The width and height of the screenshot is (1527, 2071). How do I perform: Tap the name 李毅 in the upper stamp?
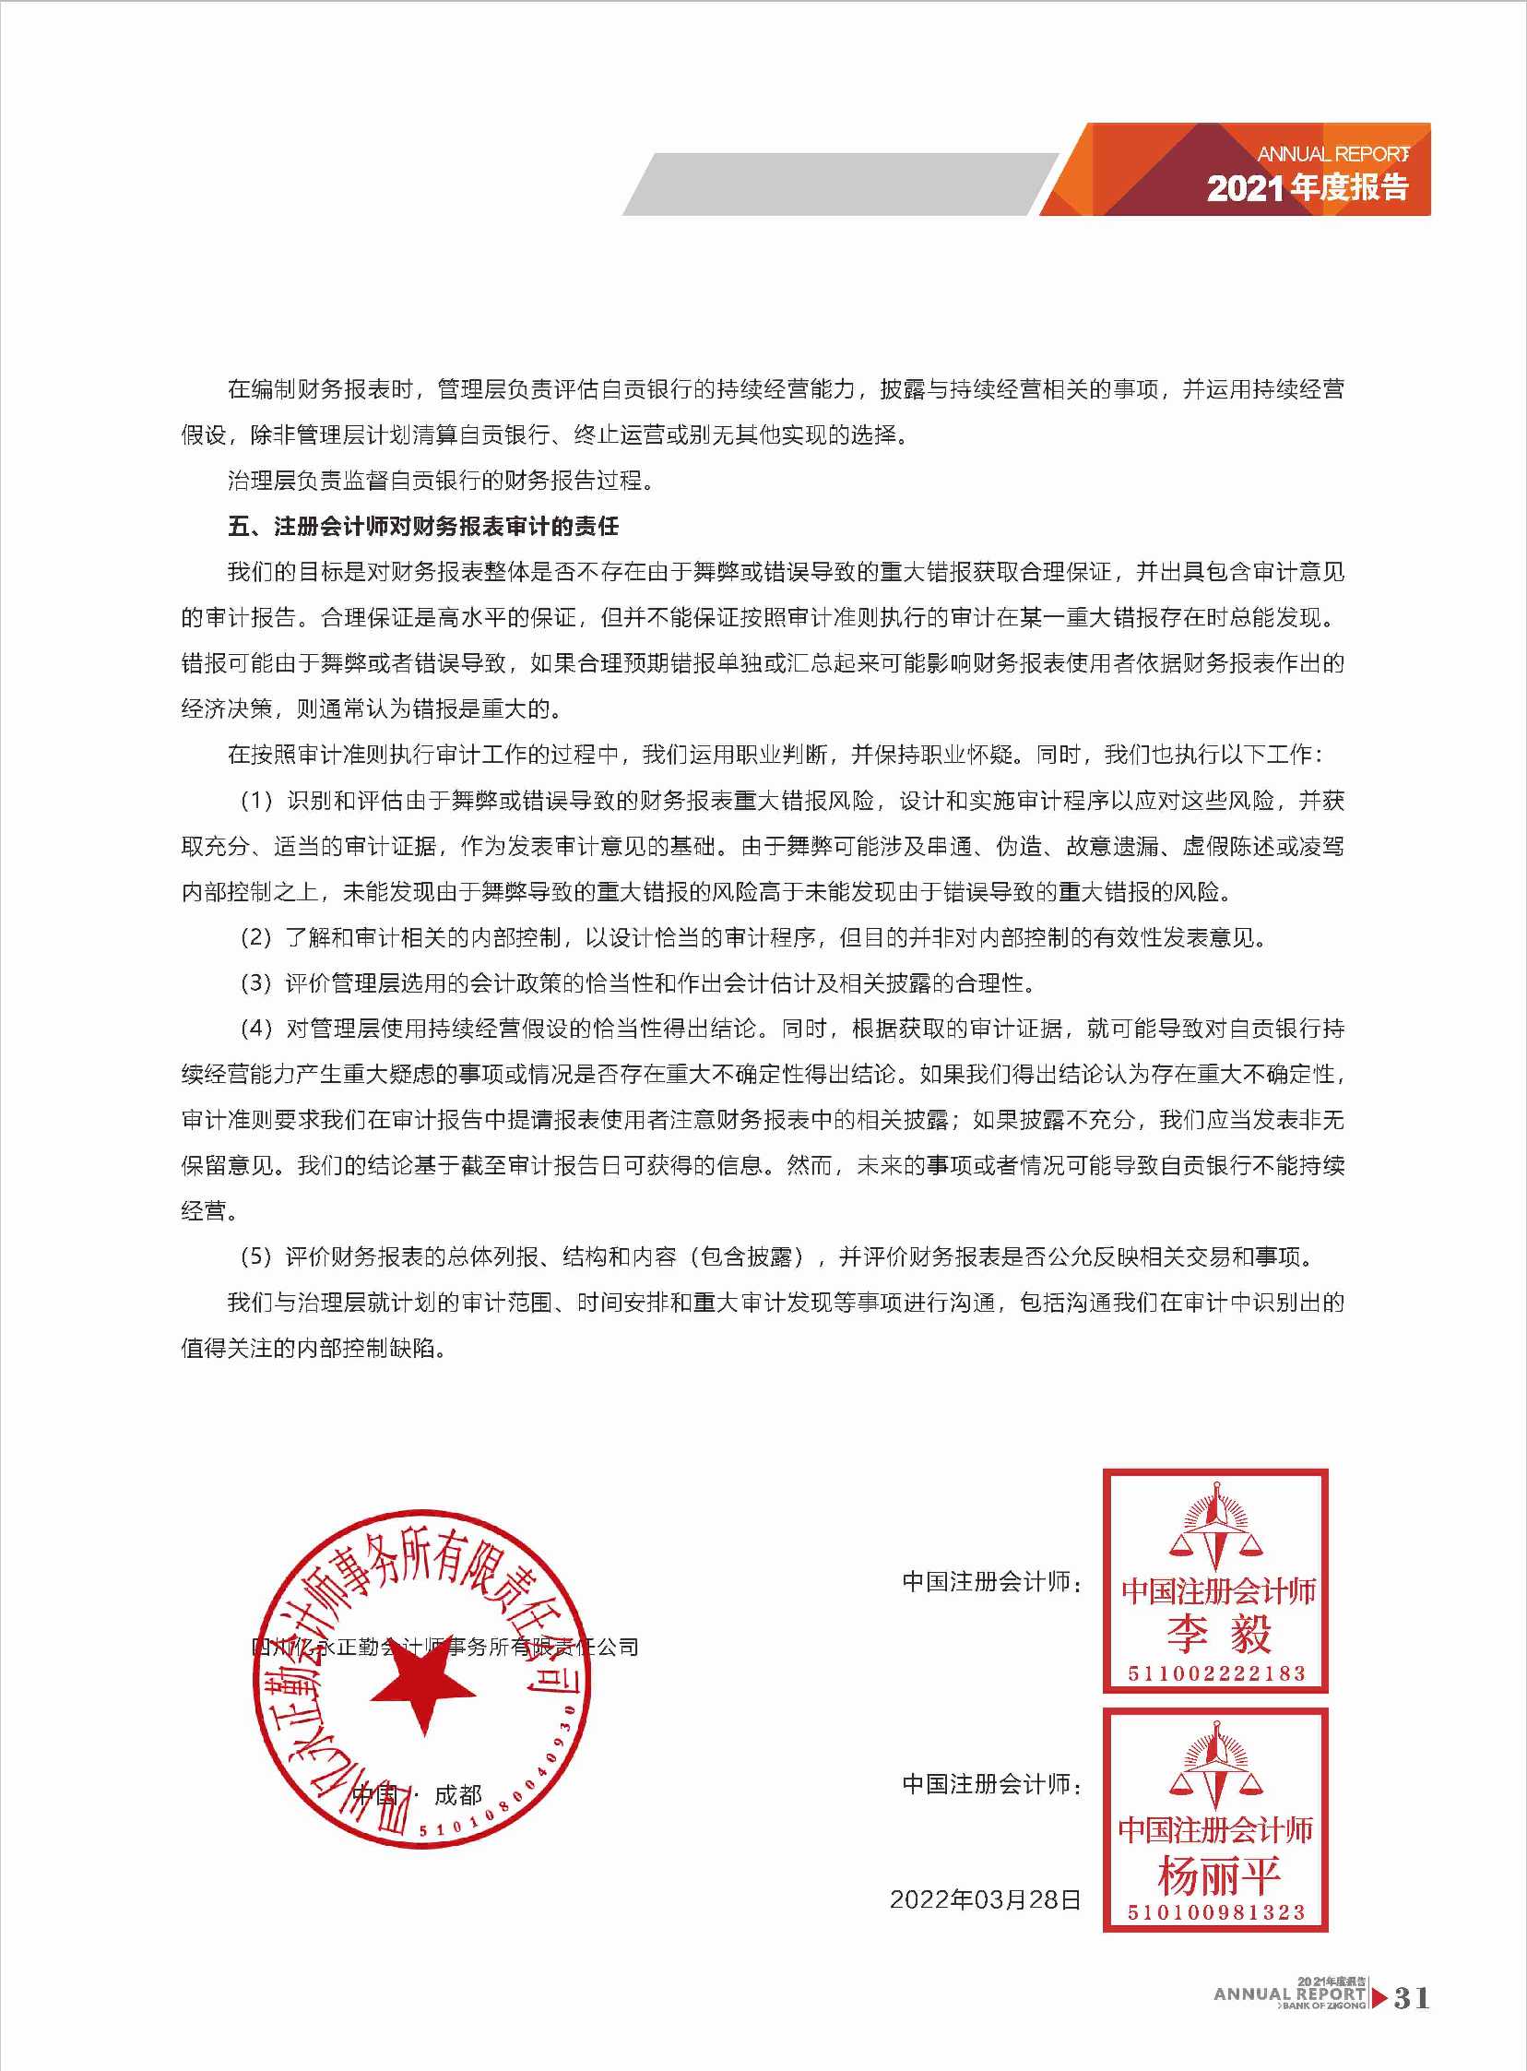pyautogui.click(x=1217, y=1634)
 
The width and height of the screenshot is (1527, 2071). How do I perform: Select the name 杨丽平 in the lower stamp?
pyautogui.click(x=1217, y=1876)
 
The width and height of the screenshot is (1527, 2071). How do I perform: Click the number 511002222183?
pyautogui.click(x=1216, y=1672)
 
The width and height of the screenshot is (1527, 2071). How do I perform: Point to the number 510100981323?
pyautogui.click(x=1216, y=1912)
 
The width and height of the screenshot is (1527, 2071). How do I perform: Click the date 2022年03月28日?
pyautogui.click(x=986, y=1899)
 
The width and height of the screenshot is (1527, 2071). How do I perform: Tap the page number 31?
pyautogui.click(x=1412, y=1998)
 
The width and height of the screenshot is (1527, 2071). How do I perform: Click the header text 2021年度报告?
pyautogui.click(x=1307, y=187)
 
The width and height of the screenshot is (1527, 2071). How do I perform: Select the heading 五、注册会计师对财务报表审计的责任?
pyautogui.click(x=423, y=527)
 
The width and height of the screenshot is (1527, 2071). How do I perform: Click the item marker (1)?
pyautogui.click(x=257, y=801)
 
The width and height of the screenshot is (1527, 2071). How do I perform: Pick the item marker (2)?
pyautogui.click(x=257, y=937)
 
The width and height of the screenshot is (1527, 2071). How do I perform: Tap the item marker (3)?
pyautogui.click(x=257, y=982)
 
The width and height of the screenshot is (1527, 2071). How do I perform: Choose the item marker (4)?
pyautogui.click(x=257, y=1028)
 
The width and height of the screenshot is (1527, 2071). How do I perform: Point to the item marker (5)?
pyautogui.click(x=257, y=1256)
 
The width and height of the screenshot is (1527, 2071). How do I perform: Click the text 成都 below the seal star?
pyautogui.click(x=458, y=1795)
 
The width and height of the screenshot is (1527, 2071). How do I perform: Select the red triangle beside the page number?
pyautogui.click(x=1379, y=1998)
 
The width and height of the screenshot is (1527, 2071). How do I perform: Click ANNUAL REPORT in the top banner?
pyautogui.click(x=1332, y=153)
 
